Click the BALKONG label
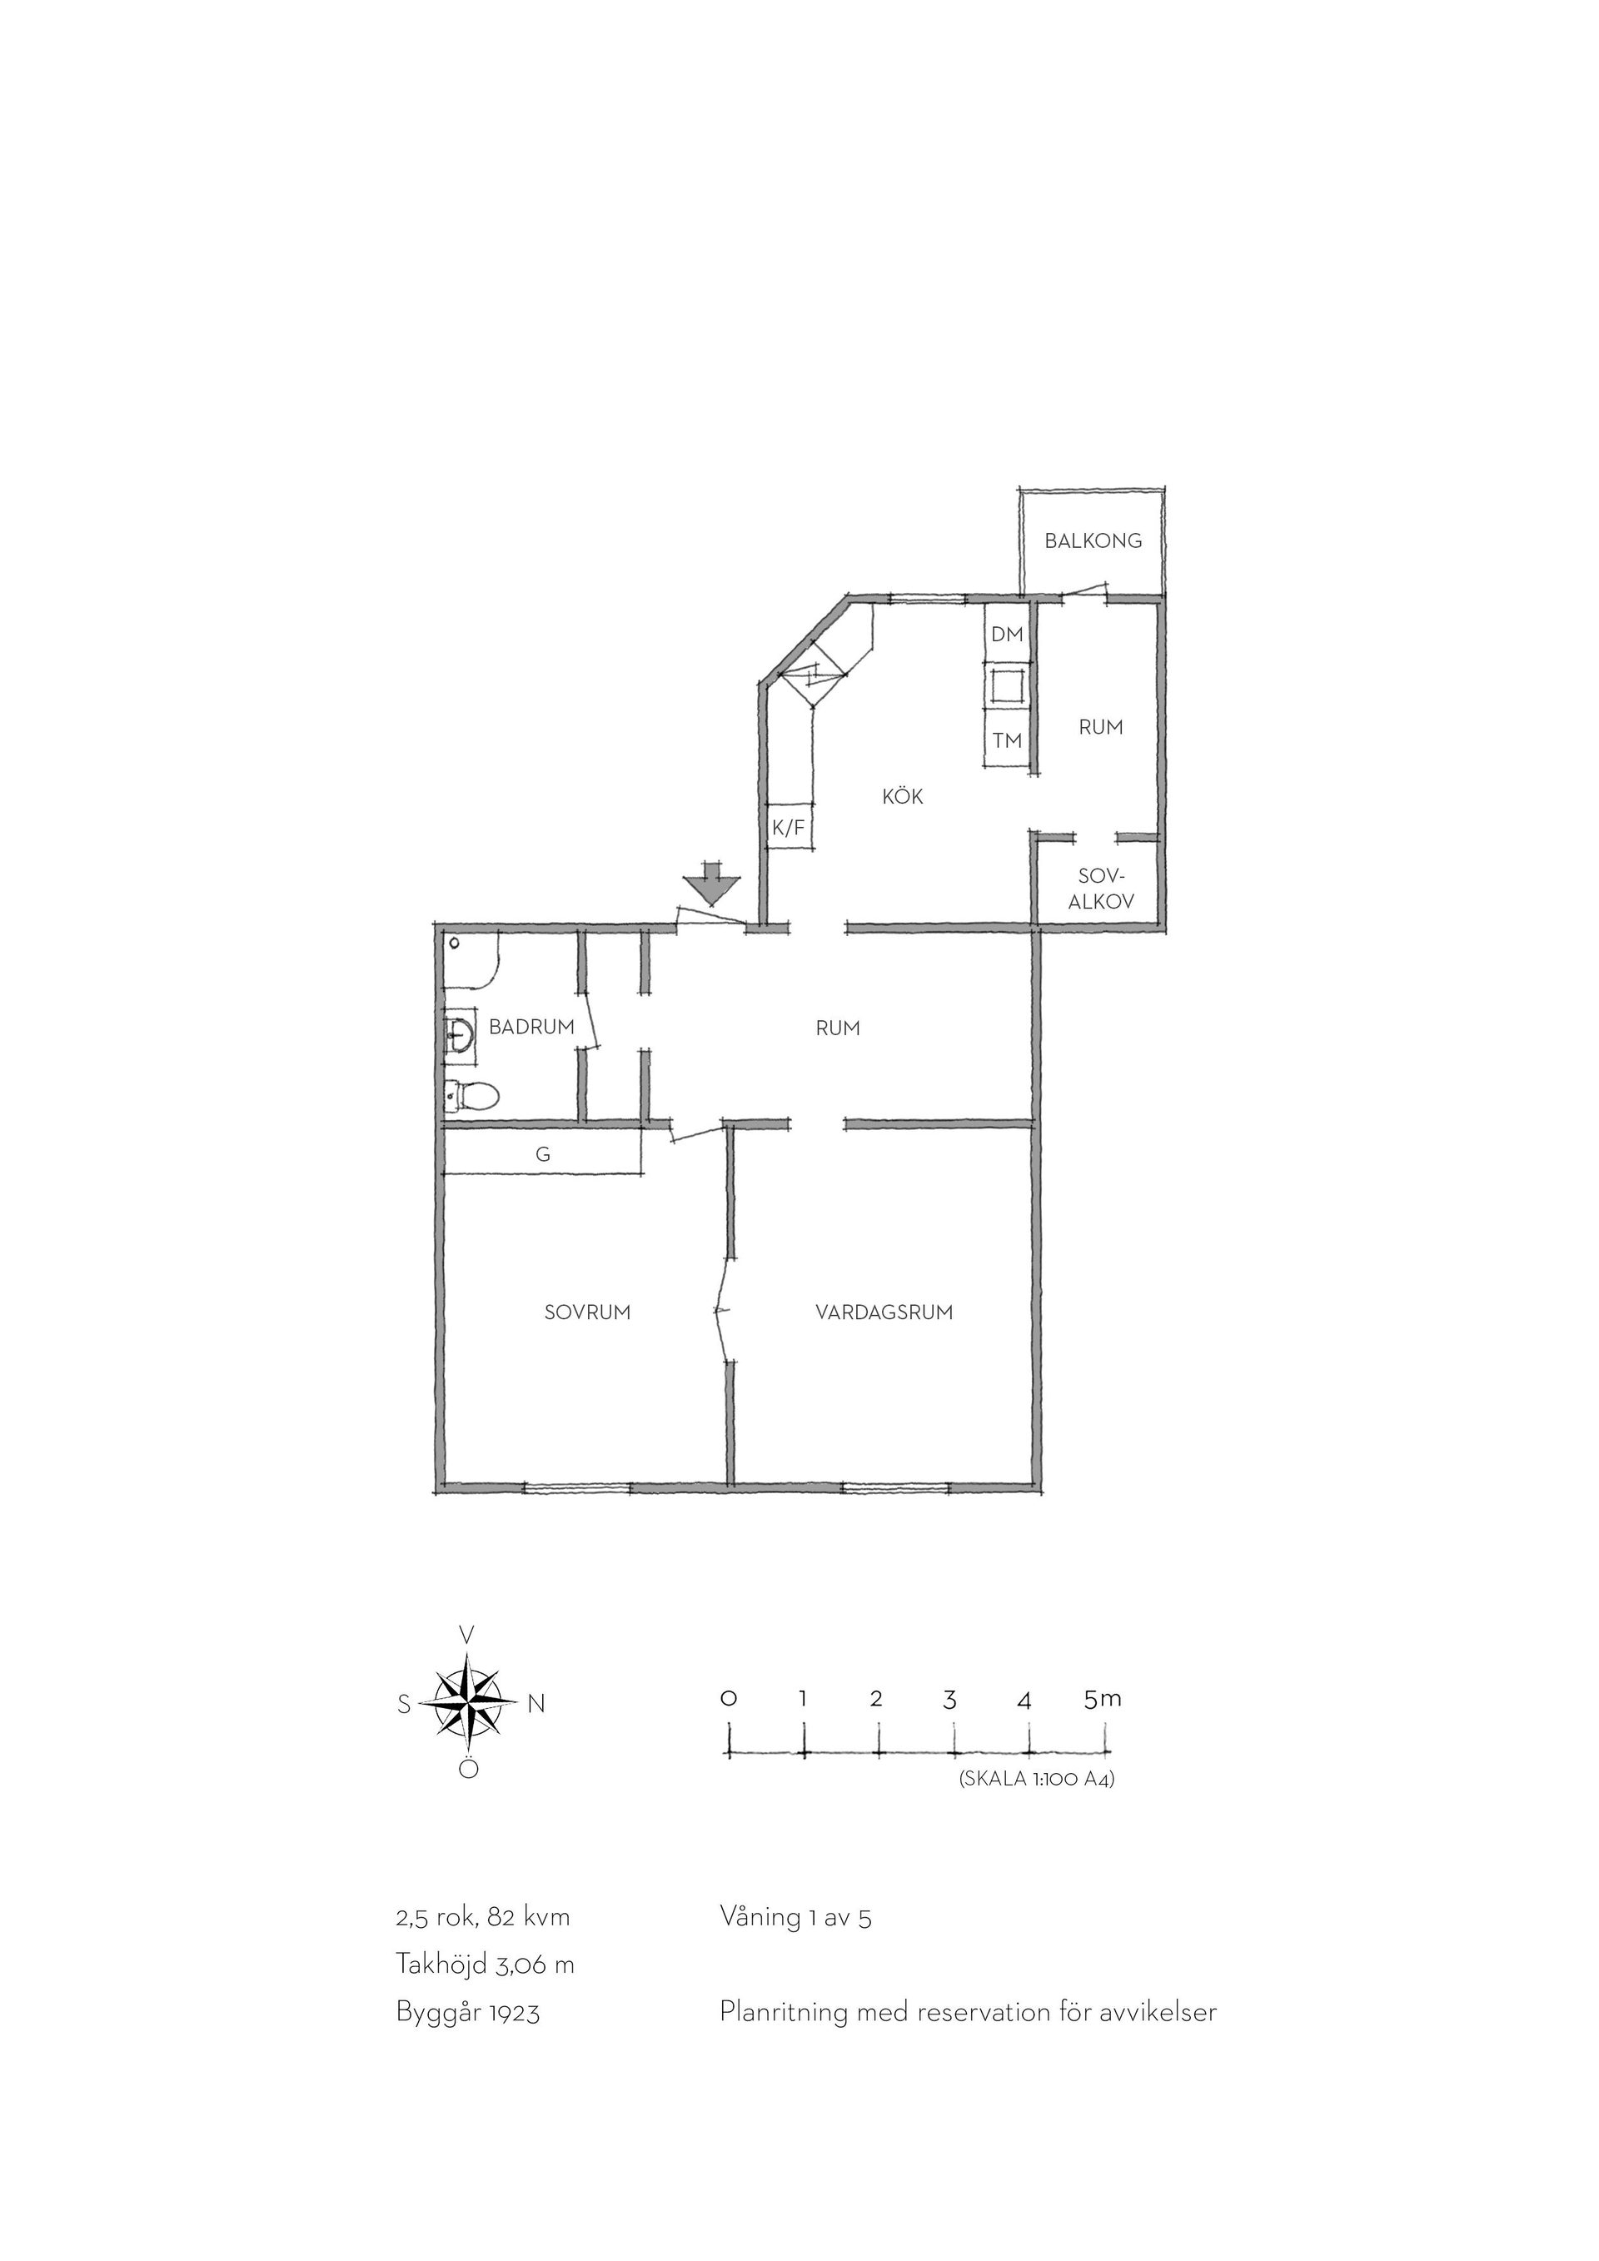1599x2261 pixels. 1093,540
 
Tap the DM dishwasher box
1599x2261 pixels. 1007,635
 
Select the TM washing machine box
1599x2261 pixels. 1007,739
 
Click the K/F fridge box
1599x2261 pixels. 788,828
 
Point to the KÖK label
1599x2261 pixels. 903,797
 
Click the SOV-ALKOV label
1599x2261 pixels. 1102,889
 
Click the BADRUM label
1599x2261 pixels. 531,1027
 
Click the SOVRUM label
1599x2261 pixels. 588,1312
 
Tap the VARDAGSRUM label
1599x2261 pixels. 884,1312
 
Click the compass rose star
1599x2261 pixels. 470,1703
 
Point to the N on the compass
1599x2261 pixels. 536,1704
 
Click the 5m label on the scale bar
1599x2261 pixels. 1103,1700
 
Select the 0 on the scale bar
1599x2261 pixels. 729,1699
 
